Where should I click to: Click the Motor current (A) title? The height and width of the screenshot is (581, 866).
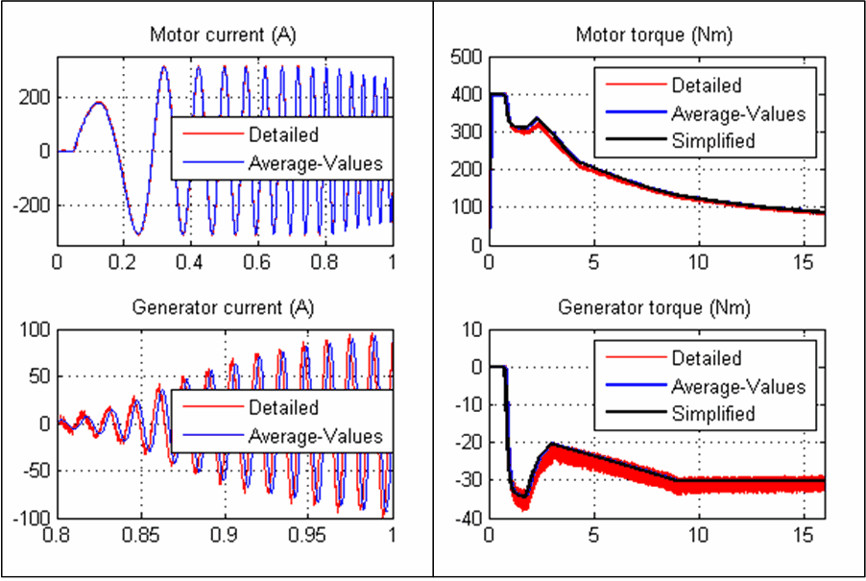click(223, 36)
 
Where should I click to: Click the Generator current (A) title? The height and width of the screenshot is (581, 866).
click(223, 308)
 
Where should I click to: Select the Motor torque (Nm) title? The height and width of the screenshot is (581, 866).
click(656, 36)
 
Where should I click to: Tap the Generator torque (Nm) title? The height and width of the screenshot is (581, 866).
click(656, 308)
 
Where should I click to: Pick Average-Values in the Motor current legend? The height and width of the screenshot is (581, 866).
click(315, 163)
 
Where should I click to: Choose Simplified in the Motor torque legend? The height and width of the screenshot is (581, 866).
click(713, 140)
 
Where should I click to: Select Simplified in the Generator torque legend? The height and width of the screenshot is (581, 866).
click(713, 414)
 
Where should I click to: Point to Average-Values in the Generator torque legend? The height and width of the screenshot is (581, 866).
click(738, 386)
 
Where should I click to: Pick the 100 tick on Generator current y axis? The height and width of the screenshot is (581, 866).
click(36, 330)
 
